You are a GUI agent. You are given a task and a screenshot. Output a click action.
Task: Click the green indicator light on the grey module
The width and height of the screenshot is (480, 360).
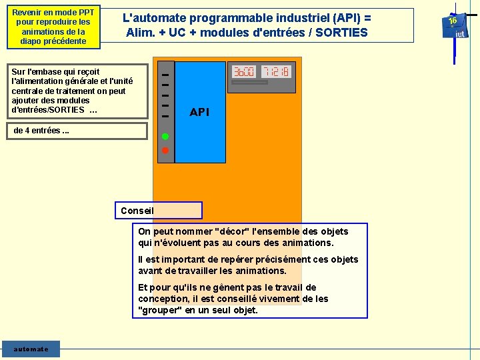coord(165,137)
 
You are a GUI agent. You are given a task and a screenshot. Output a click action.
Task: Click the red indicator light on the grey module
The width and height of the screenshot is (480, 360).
coord(165,151)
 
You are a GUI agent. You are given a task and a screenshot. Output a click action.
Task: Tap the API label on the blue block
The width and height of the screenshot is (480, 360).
coord(199,112)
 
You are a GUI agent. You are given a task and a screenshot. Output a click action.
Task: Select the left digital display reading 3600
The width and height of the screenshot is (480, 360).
coord(243,71)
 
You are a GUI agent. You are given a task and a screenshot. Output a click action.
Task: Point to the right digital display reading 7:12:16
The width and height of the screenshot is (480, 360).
coord(275,71)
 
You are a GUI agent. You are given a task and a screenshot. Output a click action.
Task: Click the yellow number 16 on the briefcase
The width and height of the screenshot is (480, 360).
coord(453,21)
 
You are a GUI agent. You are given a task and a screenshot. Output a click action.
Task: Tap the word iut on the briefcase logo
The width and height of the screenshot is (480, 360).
coord(460,34)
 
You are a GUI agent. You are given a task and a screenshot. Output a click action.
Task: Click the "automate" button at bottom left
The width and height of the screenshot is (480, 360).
coord(31,349)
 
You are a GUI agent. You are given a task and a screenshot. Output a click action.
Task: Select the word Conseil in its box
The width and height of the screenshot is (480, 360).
coord(137,211)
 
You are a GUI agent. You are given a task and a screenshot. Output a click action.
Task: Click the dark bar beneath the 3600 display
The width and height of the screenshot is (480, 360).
coord(249,83)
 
